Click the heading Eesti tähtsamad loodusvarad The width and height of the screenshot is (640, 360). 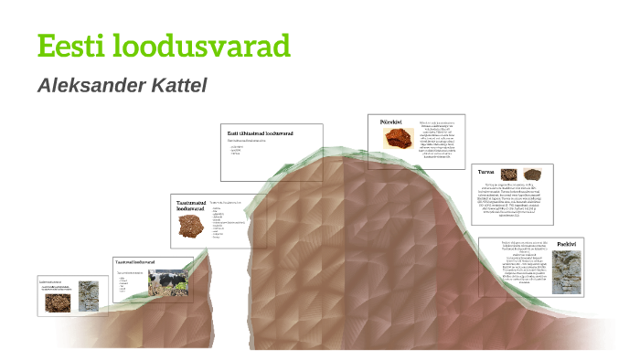click(261, 133)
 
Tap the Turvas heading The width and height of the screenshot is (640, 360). click(485, 171)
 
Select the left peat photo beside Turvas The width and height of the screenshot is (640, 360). click(508, 174)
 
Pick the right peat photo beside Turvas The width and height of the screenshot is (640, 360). click(533, 174)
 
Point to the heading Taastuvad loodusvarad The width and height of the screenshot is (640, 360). click(134, 262)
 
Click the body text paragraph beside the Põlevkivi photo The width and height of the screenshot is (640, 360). click(438, 139)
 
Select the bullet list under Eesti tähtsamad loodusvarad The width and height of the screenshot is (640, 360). click(237, 150)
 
